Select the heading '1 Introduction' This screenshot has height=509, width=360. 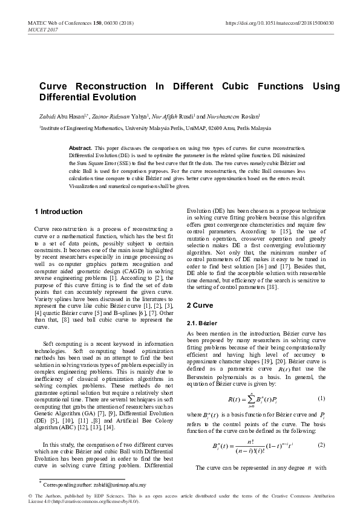point(58,212)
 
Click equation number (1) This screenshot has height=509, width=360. point(321,398)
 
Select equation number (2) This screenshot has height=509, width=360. point(321,444)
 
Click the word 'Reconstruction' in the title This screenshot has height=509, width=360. point(112,86)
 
